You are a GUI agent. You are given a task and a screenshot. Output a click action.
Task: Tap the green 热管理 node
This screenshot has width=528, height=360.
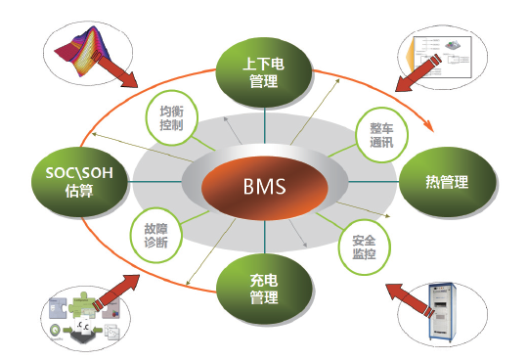(x=447, y=182)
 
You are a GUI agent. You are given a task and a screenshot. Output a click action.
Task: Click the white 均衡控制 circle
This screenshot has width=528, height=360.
(x=171, y=118)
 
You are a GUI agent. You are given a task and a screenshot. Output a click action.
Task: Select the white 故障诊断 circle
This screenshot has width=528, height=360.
(x=149, y=232)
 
